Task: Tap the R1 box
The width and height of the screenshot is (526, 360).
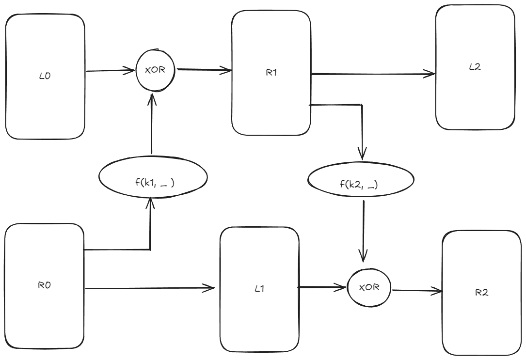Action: [x=271, y=73]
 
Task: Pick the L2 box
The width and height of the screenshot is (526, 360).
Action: [x=475, y=67]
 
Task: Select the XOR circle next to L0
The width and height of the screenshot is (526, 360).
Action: [x=156, y=70]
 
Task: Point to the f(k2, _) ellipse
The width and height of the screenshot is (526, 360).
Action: [x=361, y=180]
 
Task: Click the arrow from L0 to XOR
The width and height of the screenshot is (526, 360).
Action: [x=110, y=71]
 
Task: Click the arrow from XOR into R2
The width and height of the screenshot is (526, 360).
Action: [x=417, y=291]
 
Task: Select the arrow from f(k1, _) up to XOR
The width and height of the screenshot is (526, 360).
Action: [x=153, y=124]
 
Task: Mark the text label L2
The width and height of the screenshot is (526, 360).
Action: [x=475, y=67]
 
